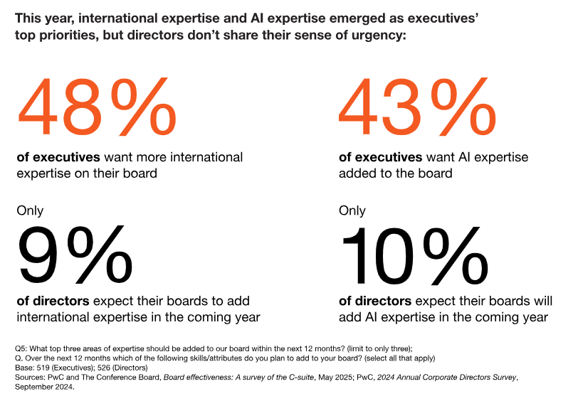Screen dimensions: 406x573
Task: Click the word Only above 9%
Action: [30, 210]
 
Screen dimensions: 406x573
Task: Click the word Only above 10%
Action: [352, 210]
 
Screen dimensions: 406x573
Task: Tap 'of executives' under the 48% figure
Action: [58, 157]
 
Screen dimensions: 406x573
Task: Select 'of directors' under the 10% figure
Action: [374, 301]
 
